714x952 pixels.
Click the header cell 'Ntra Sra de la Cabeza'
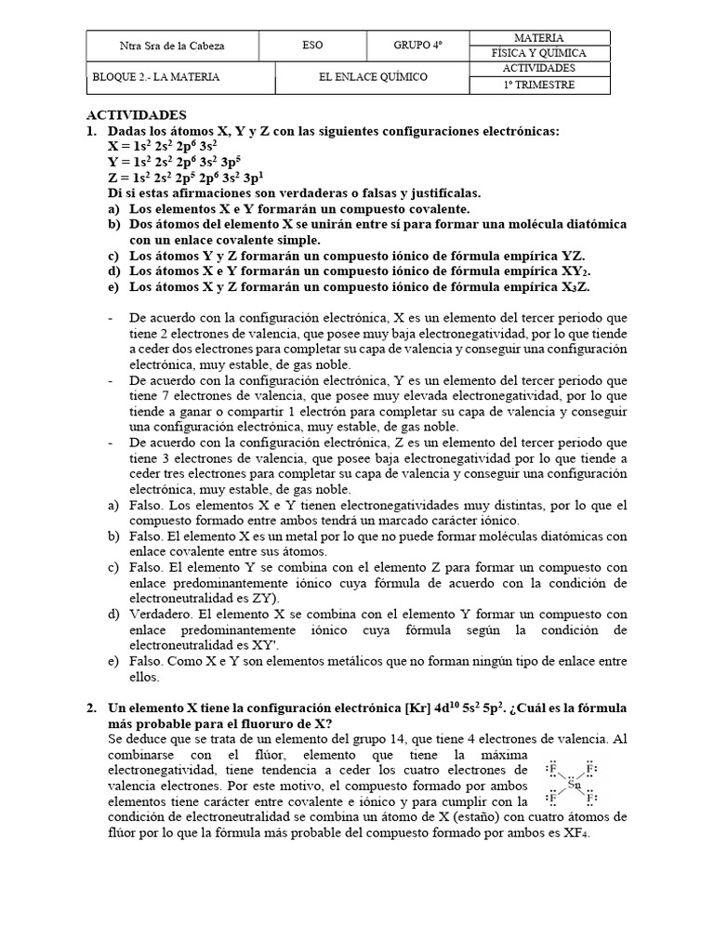172,46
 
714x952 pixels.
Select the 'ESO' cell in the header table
313,46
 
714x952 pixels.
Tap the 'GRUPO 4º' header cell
418,46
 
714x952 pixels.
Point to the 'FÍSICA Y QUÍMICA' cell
539,53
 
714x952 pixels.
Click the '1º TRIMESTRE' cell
539,86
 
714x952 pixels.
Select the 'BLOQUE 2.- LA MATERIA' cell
156,77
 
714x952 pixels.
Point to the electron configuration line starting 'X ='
163,146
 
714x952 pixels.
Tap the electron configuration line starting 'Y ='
176,162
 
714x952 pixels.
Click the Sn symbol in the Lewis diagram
574,785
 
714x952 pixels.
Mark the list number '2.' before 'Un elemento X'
93,708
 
